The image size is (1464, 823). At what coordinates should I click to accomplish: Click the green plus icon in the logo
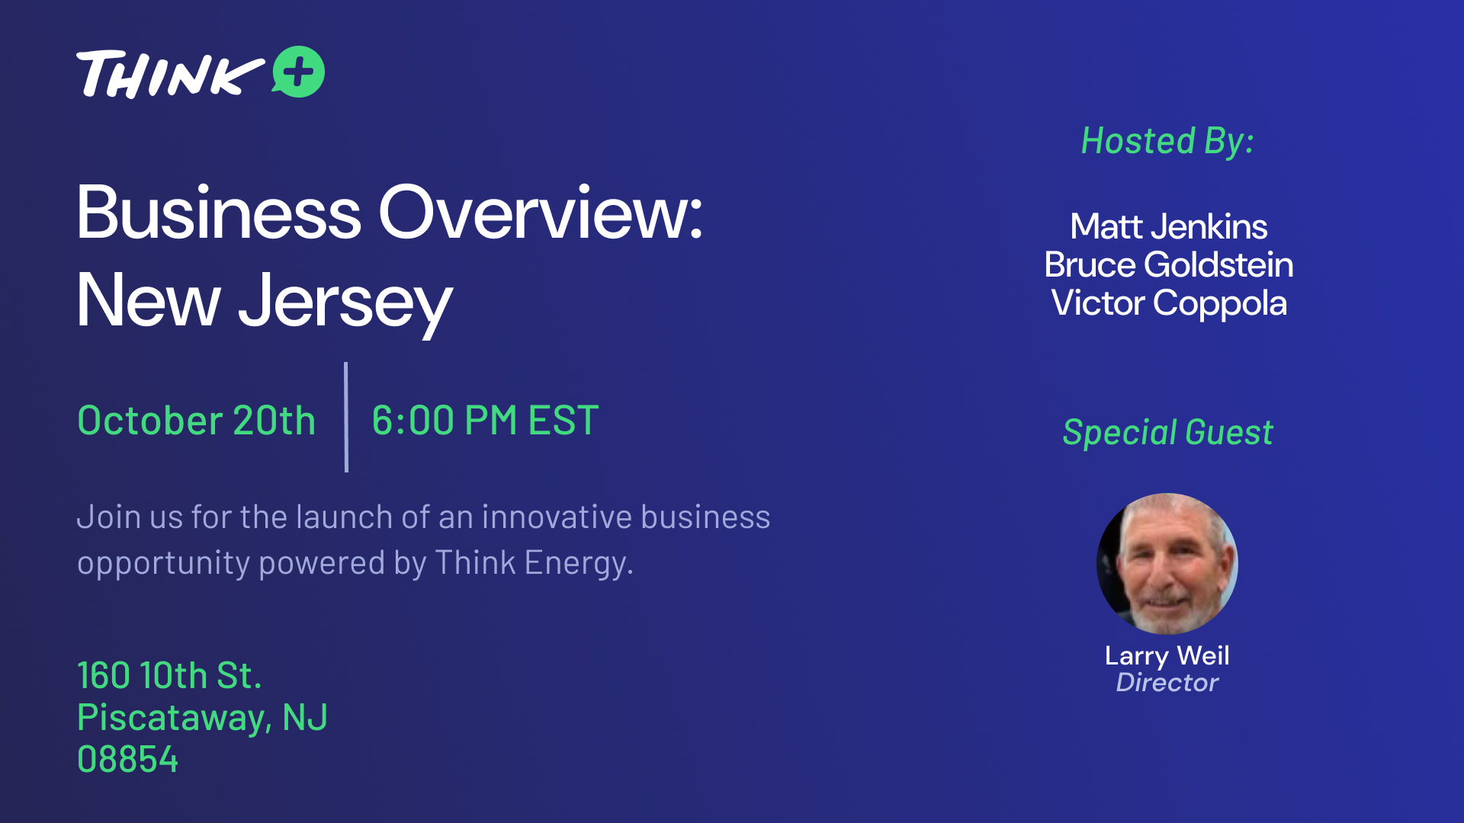click(x=298, y=72)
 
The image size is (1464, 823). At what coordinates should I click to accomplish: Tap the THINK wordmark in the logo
click(x=170, y=74)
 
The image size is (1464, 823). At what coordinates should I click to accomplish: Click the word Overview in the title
click(x=541, y=213)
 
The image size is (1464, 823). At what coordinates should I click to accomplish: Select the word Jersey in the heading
click(x=345, y=303)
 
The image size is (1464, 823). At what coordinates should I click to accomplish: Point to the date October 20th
click(x=196, y=420)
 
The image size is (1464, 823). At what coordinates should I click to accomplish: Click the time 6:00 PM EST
click(x=485, y=420)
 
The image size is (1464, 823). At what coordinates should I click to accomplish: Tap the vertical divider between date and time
click(x=346, y=417)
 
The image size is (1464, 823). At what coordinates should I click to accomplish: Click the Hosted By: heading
click(x=1167, y=142)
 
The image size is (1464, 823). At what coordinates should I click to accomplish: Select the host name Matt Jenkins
click(x=1168, y=226)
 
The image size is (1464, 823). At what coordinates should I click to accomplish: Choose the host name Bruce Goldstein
click(x=1168, y=264)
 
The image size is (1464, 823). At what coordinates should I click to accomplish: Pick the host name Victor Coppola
click(x=1168, y=303)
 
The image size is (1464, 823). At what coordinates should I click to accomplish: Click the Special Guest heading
click(x=1167, y=432)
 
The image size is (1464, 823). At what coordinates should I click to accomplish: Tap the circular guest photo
click(x=1167, y=564)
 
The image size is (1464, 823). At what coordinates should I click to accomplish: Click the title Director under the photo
click(x=1167, y=682)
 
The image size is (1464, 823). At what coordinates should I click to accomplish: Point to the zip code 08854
click(x=127, y=760)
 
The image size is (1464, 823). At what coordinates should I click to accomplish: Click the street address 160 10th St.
click(x=169, y=675)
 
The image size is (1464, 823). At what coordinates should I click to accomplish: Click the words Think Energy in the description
click(x=534, y=563)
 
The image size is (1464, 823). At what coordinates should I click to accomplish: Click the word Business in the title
click(x=219, y=213)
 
